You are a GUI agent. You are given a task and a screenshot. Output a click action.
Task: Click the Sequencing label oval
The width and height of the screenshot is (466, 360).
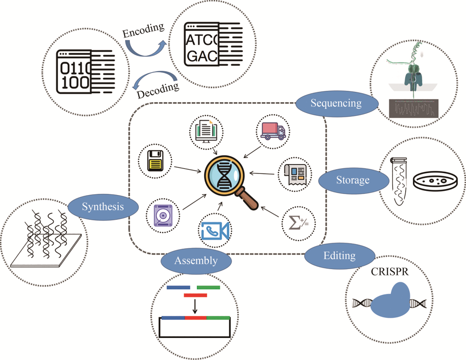point(336,103)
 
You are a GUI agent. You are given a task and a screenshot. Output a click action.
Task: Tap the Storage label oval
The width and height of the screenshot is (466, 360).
point(353,180)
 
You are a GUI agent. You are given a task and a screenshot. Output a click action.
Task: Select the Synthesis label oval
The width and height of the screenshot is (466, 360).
point(103,207)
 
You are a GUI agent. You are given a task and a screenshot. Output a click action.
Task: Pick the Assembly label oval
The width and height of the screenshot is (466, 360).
point(195,261)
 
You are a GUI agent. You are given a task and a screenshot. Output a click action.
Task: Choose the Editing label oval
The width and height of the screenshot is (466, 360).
point(339,256)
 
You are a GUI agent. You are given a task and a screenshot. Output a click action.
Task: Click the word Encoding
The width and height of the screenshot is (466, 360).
point(143,31)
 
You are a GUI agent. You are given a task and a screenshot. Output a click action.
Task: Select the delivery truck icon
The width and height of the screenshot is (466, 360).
point(273,130)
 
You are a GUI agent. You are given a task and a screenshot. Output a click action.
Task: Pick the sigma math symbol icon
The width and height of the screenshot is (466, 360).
point(299,223)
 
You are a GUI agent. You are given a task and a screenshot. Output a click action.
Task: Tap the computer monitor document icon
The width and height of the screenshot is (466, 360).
point(206,131)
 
